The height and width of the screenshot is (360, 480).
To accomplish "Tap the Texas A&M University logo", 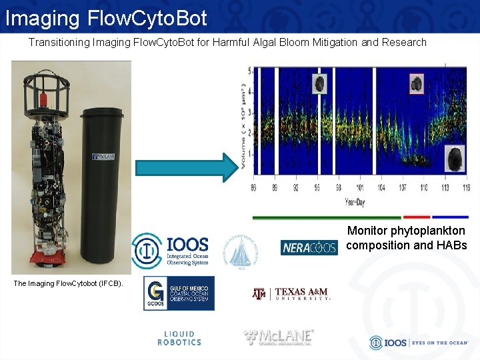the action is (x=291, y=294).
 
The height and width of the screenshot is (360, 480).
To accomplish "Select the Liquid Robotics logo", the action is (x=179, y=339).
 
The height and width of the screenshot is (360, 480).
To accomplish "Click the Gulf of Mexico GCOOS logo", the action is (x=179, y=293).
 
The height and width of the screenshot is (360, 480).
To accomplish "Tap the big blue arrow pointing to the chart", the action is (x=187, y=167).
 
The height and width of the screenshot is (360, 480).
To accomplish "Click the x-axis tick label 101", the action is (x=360, y=188).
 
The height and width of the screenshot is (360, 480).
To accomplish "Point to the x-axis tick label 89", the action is (x=274, y=188).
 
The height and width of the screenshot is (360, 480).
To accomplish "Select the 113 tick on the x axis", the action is (x=445, y=188).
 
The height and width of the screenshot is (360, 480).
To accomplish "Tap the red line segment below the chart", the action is (x=417, y=217).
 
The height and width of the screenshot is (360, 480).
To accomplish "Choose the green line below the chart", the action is (x=327, y=217).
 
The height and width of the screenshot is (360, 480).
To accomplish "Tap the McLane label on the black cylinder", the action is (x=104, y=157).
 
